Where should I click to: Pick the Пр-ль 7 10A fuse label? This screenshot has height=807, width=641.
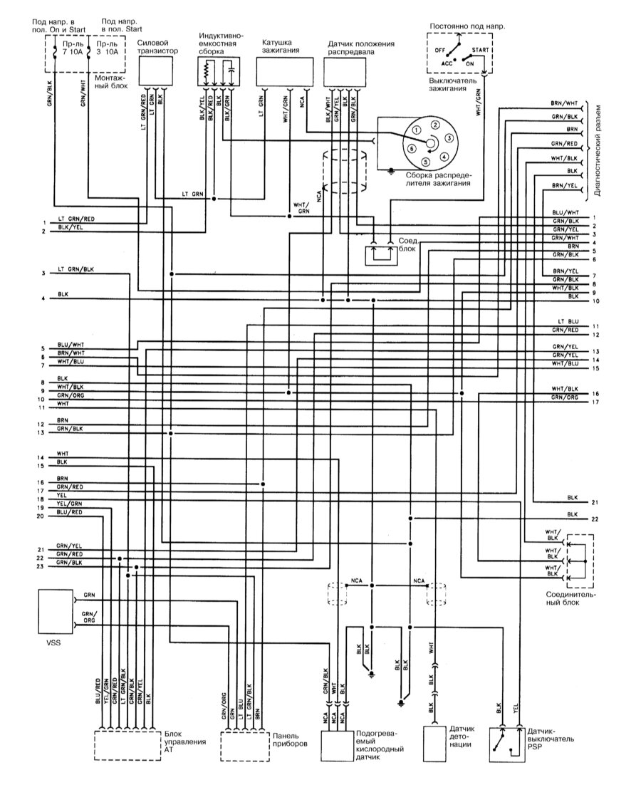point(71,48)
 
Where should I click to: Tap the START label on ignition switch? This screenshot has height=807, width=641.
point(480,50)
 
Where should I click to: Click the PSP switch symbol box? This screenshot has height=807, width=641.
point(506,745)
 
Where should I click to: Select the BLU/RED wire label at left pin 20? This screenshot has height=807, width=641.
point(69,512)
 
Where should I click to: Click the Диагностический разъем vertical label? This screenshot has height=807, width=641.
point(598,152)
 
